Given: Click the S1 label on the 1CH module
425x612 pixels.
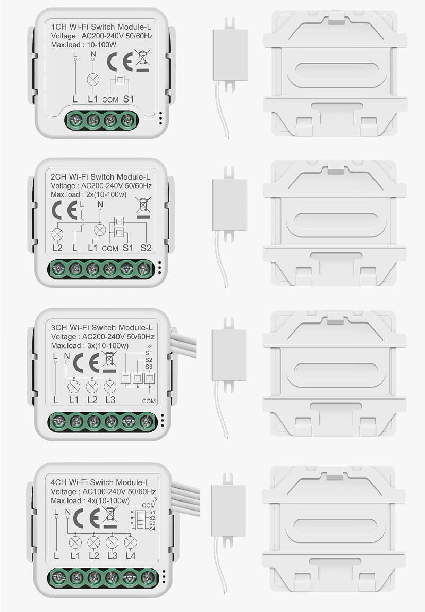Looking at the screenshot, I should [129, 99].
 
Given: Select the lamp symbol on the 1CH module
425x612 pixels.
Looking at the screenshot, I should [93, 80].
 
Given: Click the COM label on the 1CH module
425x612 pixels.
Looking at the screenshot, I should [110, 100].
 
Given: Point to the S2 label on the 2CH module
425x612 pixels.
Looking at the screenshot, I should [146, 248].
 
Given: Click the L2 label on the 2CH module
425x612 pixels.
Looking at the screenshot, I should [57, 248].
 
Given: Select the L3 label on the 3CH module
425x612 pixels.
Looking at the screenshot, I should [110, 399].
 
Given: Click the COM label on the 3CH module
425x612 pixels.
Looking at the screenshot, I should [149, 401].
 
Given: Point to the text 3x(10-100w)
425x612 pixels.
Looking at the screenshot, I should [105, 346].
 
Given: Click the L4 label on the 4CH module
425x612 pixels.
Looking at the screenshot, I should [130, 556].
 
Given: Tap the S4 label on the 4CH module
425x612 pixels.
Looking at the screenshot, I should [152, 529].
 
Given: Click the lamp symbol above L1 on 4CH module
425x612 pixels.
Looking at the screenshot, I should [75, 542].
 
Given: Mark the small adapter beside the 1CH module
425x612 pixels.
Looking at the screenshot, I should [230, 54].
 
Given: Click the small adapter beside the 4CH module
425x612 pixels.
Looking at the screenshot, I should [228, 510].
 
